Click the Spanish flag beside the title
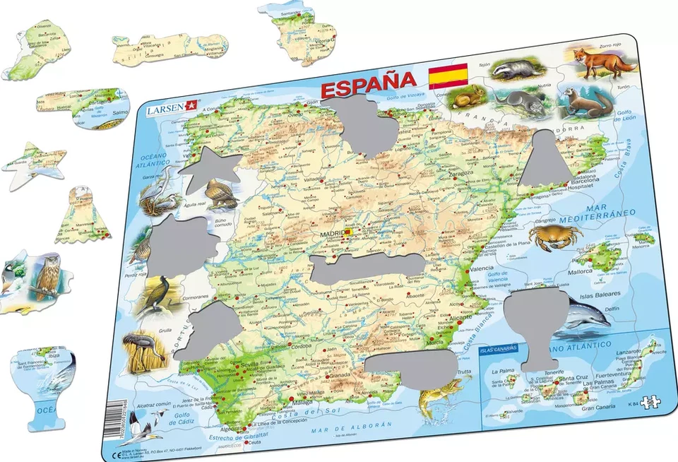pos(448,76)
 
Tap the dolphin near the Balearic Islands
pos(583,314)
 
